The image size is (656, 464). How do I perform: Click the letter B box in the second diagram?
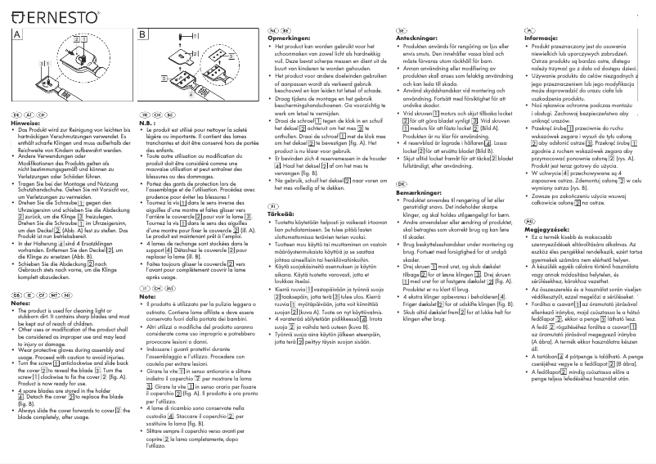(142, 35)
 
